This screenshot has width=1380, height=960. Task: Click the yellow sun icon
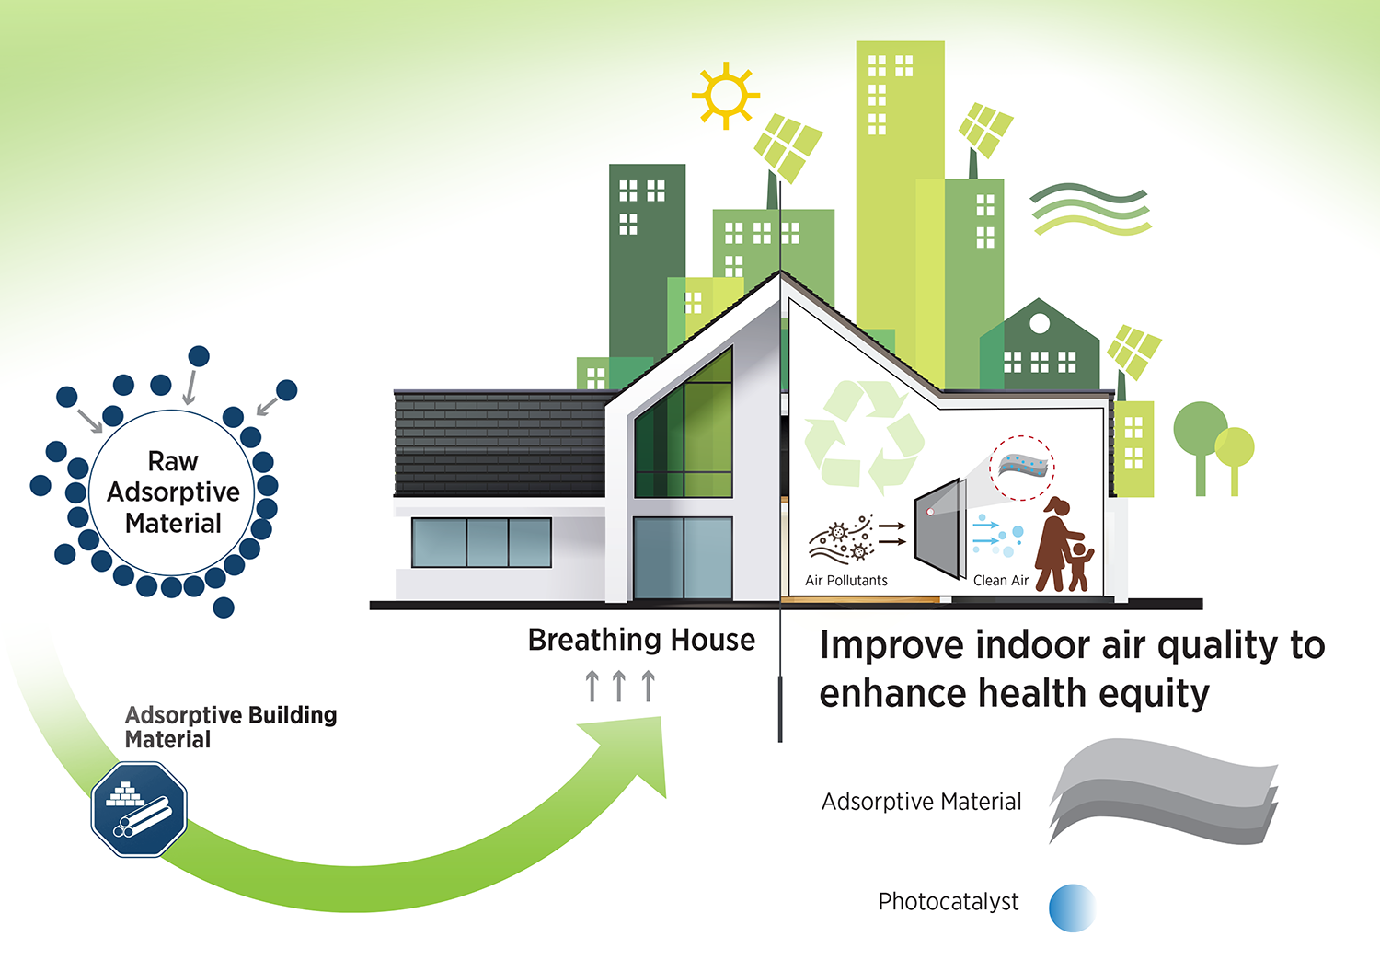[726, 96]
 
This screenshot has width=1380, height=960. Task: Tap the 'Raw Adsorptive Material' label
[173, 492]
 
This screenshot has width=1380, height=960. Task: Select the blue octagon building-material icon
[139, 809]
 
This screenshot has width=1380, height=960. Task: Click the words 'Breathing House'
[641, 641]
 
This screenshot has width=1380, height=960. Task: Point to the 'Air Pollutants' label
[845, 581]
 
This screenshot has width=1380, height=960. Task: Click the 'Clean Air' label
[1001, 581]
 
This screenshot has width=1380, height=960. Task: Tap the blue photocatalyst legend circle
[1072, 908]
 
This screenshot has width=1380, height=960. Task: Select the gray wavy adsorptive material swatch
[1163, 792]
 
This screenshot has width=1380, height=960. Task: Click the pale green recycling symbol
[864, 436]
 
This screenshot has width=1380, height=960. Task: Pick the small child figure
[1079, 566]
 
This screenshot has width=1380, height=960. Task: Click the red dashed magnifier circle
[1022, 468]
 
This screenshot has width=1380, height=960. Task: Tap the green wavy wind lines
[1090, 210]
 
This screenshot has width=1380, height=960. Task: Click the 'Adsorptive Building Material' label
[231, 727]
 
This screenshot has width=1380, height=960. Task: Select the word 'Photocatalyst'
[949, 902]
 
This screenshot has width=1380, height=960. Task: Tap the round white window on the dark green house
[1040, 323]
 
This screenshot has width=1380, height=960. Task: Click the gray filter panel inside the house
[940, 528]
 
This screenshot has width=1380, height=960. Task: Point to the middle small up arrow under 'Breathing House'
[619, 686]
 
